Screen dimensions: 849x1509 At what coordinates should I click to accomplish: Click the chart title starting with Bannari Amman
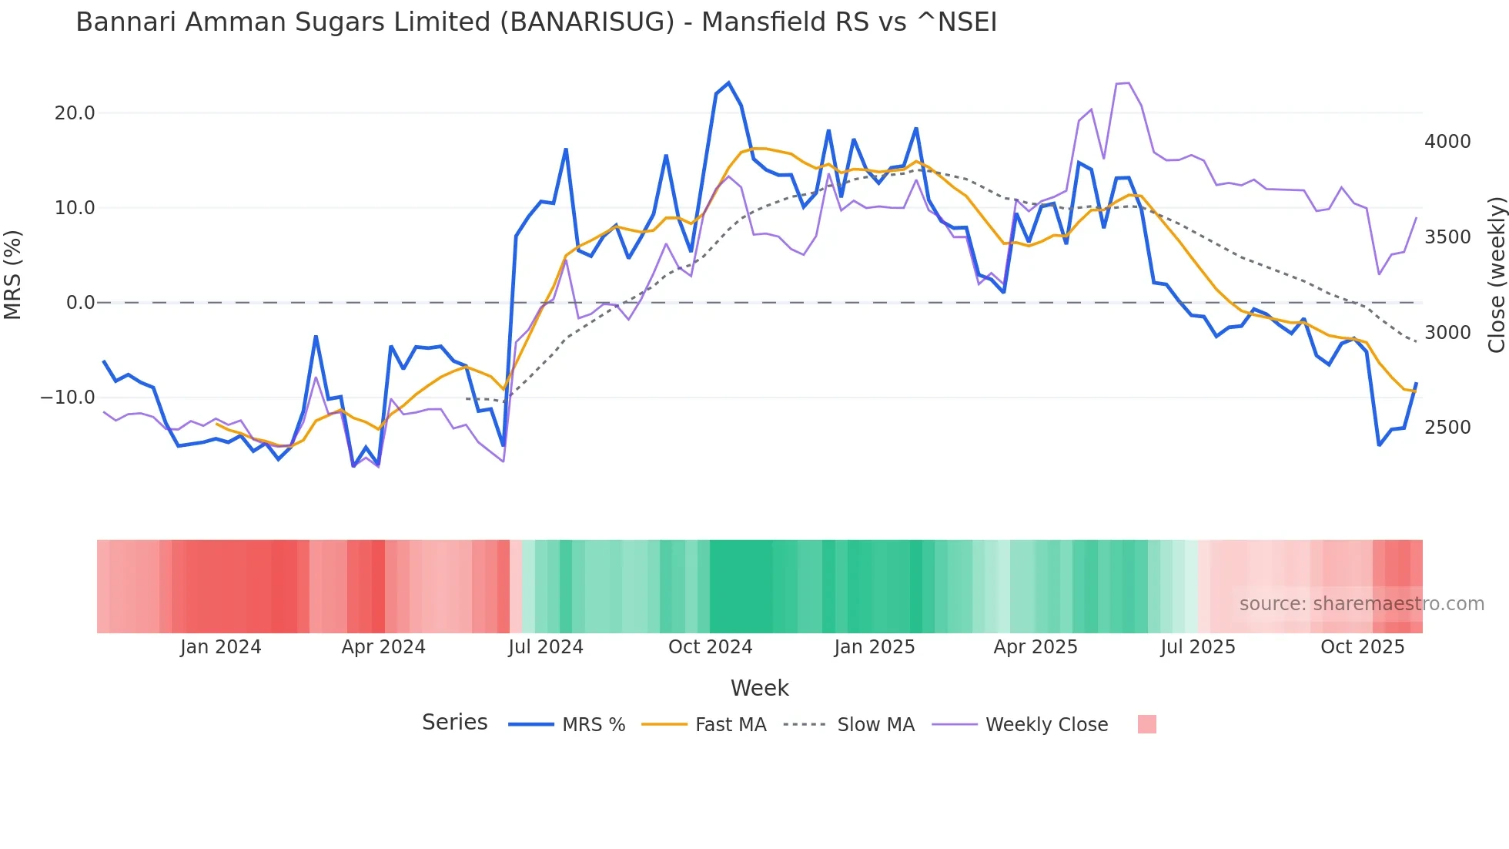[x=536, y=22]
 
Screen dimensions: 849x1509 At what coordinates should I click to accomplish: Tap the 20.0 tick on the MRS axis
[x=75, y=113]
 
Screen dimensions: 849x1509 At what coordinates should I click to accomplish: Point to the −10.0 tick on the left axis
[x=68, y=398]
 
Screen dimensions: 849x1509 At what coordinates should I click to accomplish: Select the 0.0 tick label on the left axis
[x=80, y=303]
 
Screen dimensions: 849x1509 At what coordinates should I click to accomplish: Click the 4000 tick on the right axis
[x=1447, y=142]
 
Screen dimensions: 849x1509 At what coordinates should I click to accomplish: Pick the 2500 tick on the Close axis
[x=1447, y=428]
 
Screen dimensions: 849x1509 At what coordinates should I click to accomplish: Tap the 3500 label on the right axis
[x=1447, y=237]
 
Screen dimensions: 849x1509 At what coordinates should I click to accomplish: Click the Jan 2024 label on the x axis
[x=221, y=647]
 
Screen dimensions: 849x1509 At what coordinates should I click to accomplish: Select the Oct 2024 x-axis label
[x=710, y=647]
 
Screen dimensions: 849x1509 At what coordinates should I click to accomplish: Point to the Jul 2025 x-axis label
[x=1198, y=647]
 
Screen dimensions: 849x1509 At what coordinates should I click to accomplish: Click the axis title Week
[x=759, y=688]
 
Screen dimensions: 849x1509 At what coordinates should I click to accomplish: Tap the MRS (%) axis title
[x=13, y=275]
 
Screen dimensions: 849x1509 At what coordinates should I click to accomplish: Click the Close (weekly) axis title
[x=1496, y=275]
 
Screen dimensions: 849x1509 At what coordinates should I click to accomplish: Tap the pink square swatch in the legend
[x=1146, y=724]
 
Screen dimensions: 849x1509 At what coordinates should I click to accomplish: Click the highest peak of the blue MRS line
[x=728, y=83]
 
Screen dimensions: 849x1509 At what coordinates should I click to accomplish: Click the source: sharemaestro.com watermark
[x=1361, y=604]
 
